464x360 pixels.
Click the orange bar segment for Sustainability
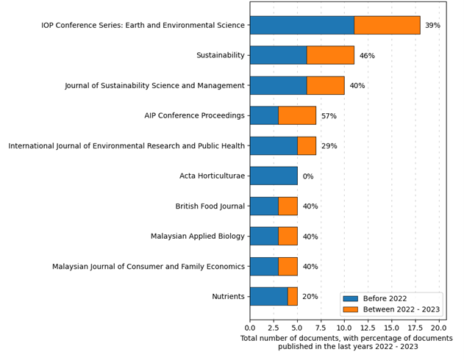pyautogui.click(x=330, y=55)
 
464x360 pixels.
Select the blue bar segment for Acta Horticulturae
pyautogui.click(x=274, y=176)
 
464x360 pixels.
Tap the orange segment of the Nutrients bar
pyautogui.click(x=293, y=296)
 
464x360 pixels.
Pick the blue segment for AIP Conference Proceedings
pyautogui.click(x=264, y=115)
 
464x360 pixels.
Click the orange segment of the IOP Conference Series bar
pyautogui.click(x=387, y=25)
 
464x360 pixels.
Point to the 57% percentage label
pyautogui.click(x=329, y=116)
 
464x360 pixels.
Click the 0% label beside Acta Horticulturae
pyautogui.click(x=308, y=176)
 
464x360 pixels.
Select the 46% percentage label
pyautogui.click(x=367, y=56)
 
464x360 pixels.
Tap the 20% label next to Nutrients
pyautogui.click(x=310, y=297)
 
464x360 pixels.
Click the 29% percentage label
pyautogui.click(x=329, y=146)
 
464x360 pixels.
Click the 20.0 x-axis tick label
pyautogui.click(x=439, y=328)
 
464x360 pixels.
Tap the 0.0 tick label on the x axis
pyautogui.click(x=250, y=328)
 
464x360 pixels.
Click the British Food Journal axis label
pyautogui.click(x=210, y=206)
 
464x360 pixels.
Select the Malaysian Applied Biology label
pyautogui.click(x=197, y=237)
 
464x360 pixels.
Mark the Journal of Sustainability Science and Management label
pyautogui.click(x=154, y=86)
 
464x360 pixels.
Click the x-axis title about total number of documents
pyautogui.click(x=346, y=342)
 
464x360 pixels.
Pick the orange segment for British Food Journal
pyautogui.click(x=288, y=206)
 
